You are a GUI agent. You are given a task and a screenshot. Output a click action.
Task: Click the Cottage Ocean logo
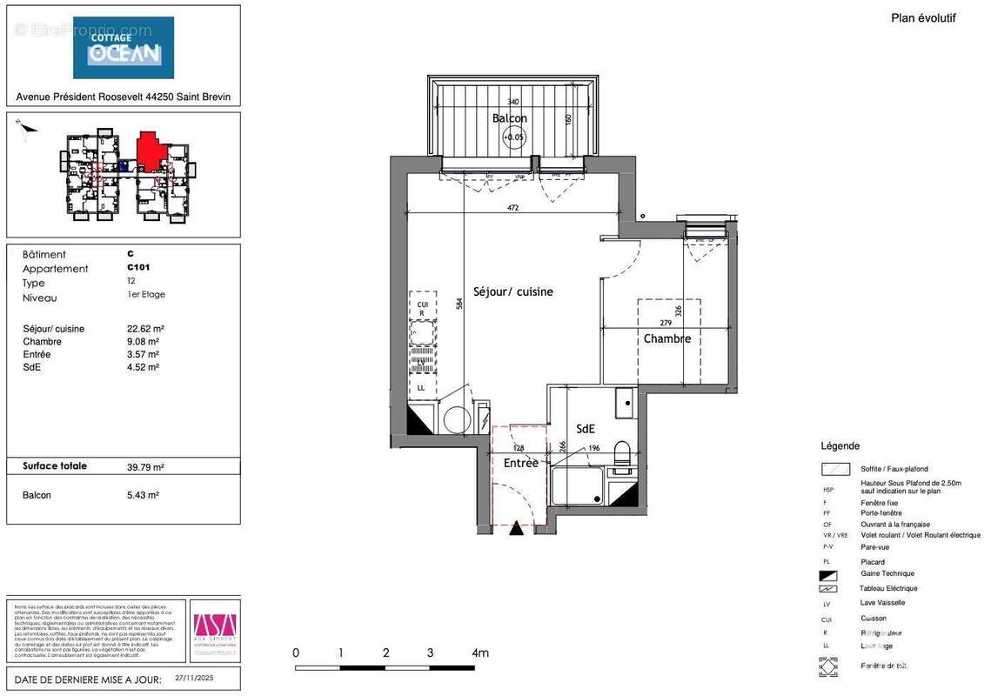tap(123, 48)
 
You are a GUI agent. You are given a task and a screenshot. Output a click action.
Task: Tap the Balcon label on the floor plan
tap(509, 117)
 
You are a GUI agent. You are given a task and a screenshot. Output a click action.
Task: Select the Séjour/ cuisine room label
tap(512, 291)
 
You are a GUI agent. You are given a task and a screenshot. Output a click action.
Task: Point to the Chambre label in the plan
tap(666, 338)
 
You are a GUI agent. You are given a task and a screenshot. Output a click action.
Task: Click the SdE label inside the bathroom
tap(586, 428)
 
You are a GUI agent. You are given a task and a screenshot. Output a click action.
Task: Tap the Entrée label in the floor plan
tap(521, 463)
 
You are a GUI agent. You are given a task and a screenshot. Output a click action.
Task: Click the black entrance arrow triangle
tap(517, 527)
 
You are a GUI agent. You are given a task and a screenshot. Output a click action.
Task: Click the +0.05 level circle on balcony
tap(514, 137)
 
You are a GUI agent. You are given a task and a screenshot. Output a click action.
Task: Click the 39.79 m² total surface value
tap(145, 467)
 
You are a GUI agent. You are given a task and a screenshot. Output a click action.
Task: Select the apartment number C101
tap(137, 268)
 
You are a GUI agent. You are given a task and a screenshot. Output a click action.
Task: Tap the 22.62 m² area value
tap(145, 329)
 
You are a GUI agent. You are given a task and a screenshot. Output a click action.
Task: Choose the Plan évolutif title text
tap(923, 17)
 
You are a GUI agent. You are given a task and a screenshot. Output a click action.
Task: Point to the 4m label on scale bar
tap(479, 652)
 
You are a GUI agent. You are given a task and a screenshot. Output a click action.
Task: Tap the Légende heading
tap(840, 445)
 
